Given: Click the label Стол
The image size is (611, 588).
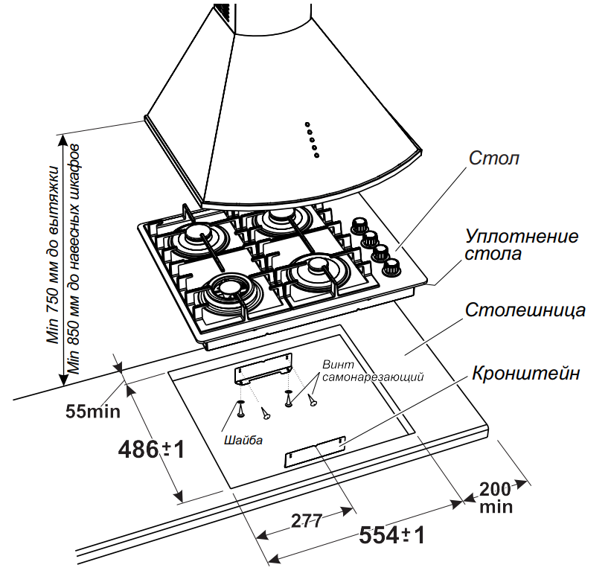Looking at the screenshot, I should pos(494,159).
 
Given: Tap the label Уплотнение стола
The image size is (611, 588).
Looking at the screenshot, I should pos(521,245).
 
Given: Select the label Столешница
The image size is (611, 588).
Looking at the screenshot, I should pos(525,310).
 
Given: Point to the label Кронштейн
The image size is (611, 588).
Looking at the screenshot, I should pos(525,374).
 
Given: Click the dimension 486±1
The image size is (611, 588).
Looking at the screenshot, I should pos(150,450).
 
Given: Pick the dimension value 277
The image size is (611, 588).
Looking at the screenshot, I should pos(306,521).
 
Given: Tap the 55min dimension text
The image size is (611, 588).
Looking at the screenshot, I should pos(89,410).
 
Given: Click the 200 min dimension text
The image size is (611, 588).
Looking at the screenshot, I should pos(494,497).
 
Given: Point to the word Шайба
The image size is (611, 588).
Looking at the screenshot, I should pos(242,440).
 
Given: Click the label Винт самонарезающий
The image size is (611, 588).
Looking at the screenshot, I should pos(372,371).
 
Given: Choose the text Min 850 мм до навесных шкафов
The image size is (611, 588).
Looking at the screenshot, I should pos(74,261).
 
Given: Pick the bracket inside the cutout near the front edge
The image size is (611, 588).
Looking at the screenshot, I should pos(313,452).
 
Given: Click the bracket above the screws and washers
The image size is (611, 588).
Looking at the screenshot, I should pos(262,370).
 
